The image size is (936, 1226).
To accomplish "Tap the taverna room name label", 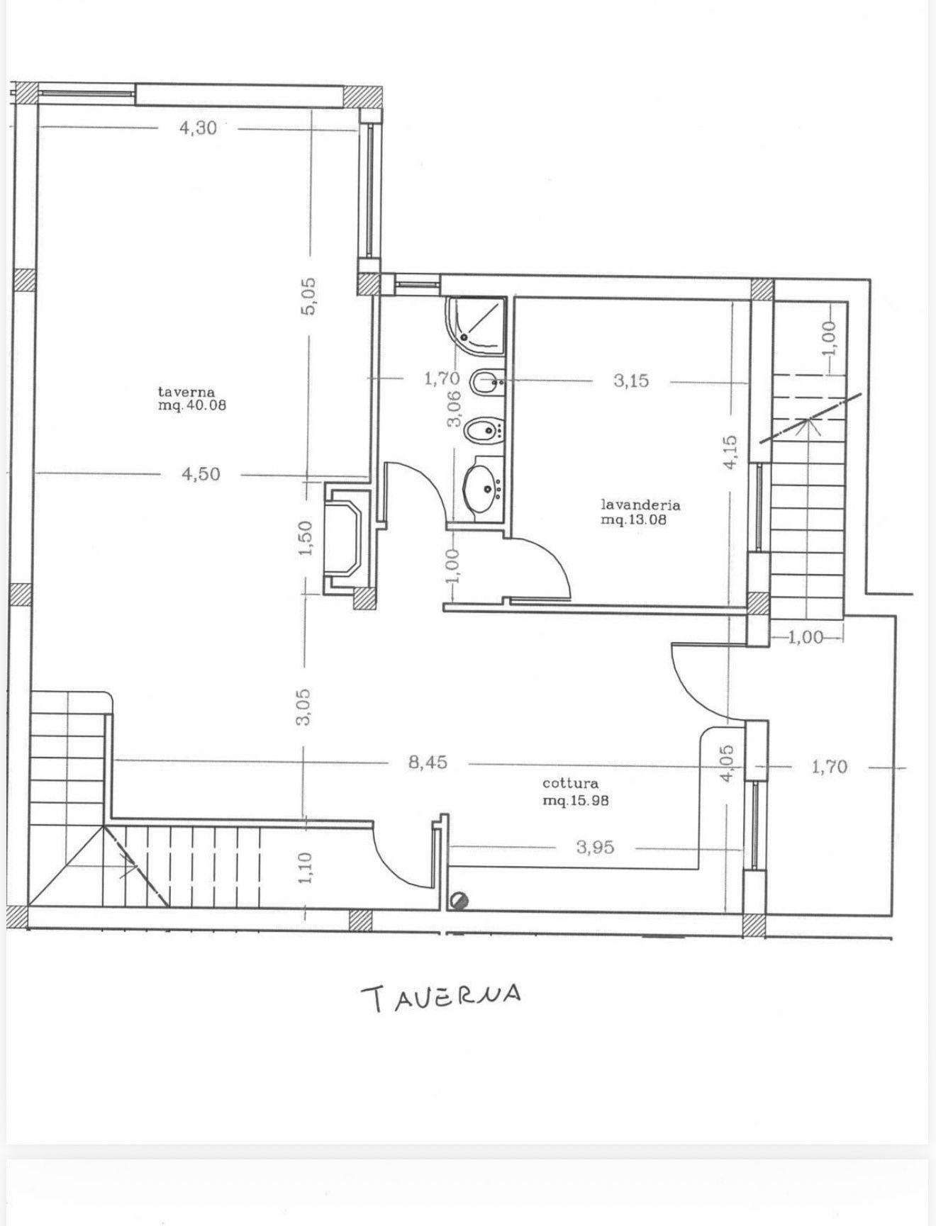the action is (x=186, y=391).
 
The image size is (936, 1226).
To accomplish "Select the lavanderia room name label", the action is (x=641, y=505).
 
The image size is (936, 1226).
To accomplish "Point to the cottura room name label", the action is (x=570, y=783).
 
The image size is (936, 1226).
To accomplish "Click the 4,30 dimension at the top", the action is (x=198, y=128).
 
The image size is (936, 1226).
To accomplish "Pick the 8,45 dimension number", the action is (x=428, y=763).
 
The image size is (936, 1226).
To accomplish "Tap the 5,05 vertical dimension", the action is (x=308, y=296).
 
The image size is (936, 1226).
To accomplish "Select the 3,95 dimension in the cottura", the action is (x=595, y=847).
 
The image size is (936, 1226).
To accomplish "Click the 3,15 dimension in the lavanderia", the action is (x=631, y=381).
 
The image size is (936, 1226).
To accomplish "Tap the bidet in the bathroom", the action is (x=484, y=429).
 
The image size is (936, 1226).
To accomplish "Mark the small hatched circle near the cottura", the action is (x=459, y=901).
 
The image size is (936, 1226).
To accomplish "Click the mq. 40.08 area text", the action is (x=192, y=406).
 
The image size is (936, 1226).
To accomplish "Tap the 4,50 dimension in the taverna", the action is (x=201, y=474).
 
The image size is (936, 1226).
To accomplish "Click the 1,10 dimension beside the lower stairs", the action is (x=305, y=869).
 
